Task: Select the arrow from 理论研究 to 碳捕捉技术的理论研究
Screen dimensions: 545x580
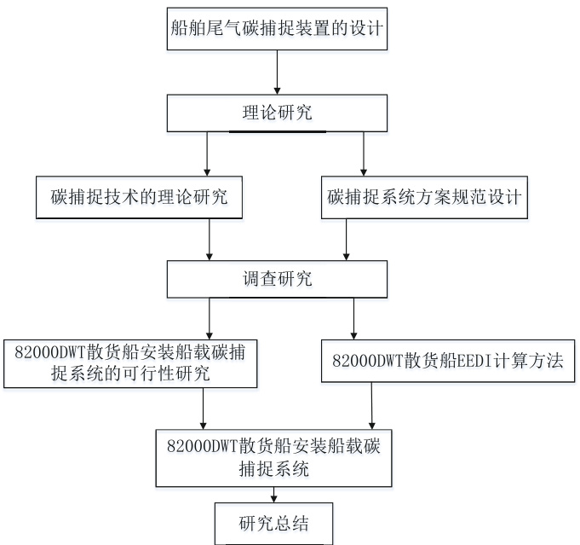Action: coord(208,154)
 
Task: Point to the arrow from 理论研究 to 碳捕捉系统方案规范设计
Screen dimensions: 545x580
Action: coord(364,154)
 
